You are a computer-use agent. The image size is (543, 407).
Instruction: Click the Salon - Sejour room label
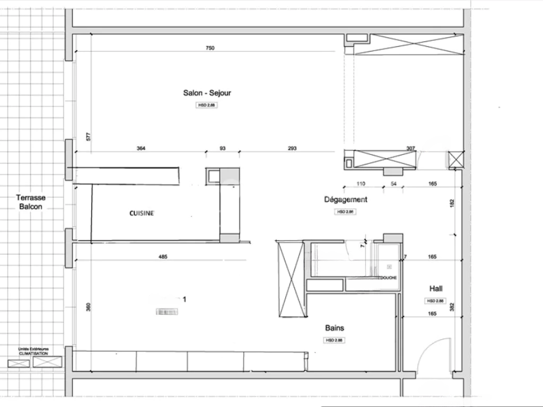click(207, 93)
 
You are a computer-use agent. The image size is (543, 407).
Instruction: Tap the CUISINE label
click(142, 213)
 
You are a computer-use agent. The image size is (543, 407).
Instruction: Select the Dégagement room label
click(346, 200)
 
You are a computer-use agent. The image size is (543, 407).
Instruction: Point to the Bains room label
click(335, 328)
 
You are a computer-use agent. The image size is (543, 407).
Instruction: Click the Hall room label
click(436, 289)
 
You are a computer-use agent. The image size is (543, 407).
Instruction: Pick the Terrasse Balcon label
click(31, 202)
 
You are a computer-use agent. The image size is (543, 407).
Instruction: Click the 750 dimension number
click(209, 48)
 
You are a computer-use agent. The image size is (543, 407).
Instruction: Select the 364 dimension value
click(141, 148)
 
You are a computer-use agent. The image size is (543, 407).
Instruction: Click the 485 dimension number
click(163, 257)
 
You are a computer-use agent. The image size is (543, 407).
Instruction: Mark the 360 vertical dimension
click(88, 307)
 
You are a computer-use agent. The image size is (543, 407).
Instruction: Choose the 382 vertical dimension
click(451, 307)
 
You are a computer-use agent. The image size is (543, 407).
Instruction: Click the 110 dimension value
click(361, 184)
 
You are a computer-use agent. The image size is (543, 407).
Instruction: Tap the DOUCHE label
click(388, 278)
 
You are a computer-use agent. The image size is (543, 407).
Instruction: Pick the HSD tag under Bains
click(335, 340)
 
